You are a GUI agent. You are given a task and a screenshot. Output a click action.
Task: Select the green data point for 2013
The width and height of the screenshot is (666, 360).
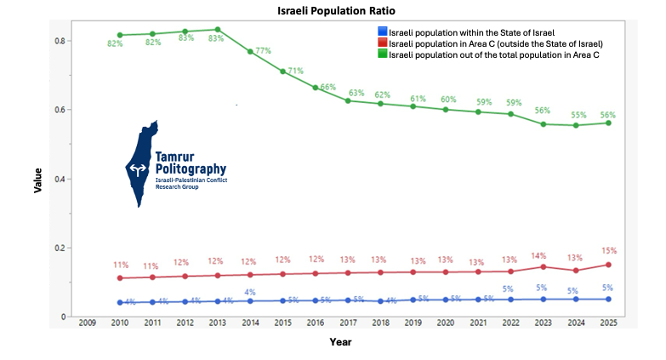217,30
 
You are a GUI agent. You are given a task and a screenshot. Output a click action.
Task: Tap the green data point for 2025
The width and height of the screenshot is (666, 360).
608,123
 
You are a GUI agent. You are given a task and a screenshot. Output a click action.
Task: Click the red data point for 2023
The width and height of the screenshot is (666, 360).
542,266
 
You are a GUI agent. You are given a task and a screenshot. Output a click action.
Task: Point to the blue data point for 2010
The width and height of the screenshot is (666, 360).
120,302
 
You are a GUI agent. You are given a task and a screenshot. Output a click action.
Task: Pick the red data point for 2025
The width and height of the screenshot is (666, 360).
608,265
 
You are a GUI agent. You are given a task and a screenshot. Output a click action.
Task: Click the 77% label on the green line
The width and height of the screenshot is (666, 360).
263,51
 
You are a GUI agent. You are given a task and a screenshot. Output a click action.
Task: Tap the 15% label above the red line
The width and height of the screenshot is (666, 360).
608,251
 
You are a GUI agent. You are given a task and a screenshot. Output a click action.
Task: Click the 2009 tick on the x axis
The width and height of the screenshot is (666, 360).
87,323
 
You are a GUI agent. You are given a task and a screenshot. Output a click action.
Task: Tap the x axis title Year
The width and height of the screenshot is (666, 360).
341,342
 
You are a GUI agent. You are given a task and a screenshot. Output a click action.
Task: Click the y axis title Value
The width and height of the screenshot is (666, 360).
38,180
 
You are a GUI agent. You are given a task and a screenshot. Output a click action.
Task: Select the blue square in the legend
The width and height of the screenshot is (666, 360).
382,32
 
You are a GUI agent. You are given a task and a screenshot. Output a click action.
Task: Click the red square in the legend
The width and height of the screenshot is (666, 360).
382,43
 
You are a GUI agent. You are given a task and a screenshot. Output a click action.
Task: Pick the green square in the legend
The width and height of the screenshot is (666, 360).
382,54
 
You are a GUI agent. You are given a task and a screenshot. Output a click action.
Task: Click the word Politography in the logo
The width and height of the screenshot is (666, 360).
191,169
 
